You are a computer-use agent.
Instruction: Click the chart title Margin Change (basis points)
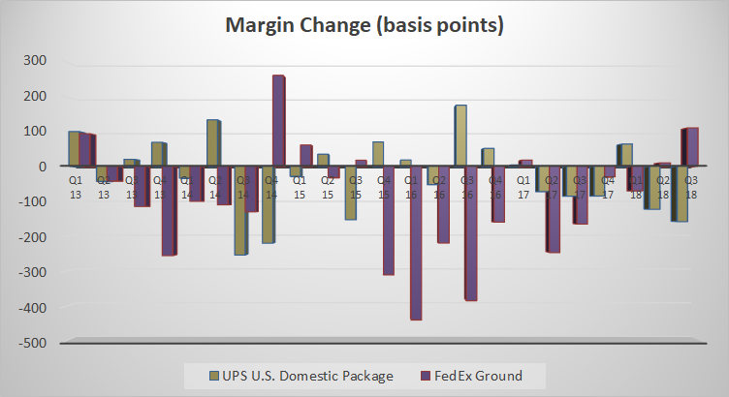[x=364, y=25]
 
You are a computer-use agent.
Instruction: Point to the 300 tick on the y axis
[x=35, y=61]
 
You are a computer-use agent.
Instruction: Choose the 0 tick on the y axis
[x=42, y=167]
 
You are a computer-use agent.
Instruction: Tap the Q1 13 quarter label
[x=75, y=186]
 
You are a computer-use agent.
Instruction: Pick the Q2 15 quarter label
[x=324, y=186]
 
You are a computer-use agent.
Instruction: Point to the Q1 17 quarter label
[x=523, y=186]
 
